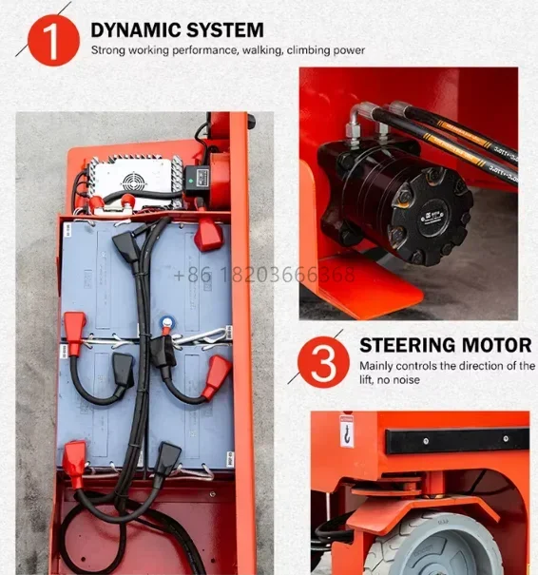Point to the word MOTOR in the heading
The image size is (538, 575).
pos(499,345)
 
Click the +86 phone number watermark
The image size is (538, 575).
pos(264,276)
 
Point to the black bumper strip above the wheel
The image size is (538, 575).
pos(457,440)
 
